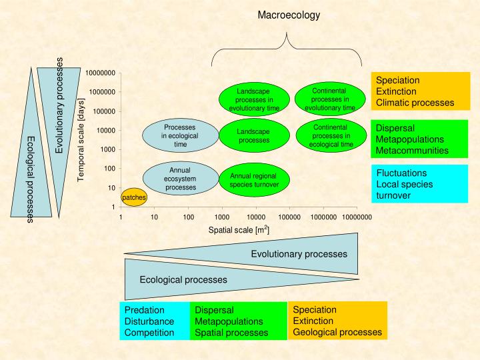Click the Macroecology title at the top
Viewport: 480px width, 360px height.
tap(289, 15)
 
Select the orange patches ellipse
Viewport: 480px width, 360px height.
tap(133, 197)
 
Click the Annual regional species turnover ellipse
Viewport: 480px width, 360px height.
tap(254, 180)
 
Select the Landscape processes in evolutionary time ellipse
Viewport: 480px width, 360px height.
tap(254, 99)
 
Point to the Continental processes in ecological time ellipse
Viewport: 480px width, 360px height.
tap(330, 135)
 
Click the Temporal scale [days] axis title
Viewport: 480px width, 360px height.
tap(81, 146)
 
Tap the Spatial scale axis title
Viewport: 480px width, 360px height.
tap(239, 230)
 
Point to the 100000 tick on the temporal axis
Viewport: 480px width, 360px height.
tap(103, 111)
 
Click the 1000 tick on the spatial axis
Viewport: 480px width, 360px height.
tap(222, 217)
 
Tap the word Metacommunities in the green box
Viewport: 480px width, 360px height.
tap(412, 151)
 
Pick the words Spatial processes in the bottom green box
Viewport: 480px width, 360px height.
tap(231, 333)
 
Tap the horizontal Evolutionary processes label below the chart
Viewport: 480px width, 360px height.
tap(299, 254)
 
